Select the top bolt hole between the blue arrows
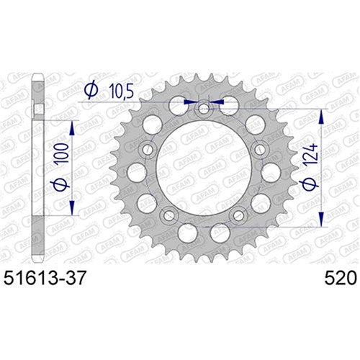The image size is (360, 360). [x=204, y=109]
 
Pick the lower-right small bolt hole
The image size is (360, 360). [x=239, y=215]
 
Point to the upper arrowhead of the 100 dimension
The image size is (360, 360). [x=73, y=124]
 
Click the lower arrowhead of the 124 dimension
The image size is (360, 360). [x=321, y=225]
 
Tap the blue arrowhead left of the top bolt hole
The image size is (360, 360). [x=191, y=102]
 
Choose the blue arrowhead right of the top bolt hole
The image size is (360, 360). [x=217, y=102]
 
